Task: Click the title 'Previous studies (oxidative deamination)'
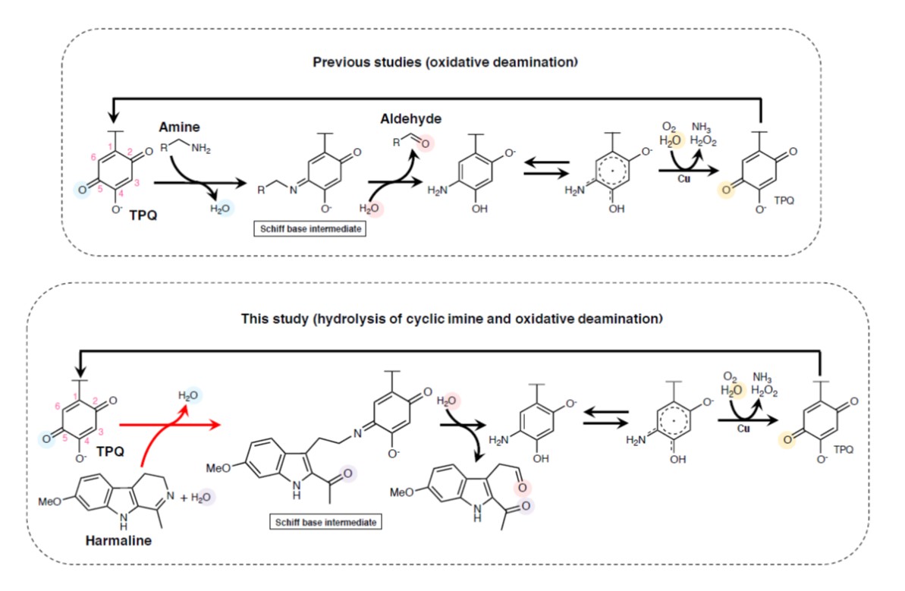[445, 61]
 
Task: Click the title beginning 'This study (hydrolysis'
[451, 319]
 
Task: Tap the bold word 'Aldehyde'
[412, 119]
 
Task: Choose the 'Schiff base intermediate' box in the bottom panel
[325, 522]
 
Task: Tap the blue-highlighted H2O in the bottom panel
[189, 395]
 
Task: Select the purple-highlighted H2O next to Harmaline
[202, 496]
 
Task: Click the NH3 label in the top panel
[702, 127]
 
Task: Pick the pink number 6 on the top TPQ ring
[93, 156]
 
